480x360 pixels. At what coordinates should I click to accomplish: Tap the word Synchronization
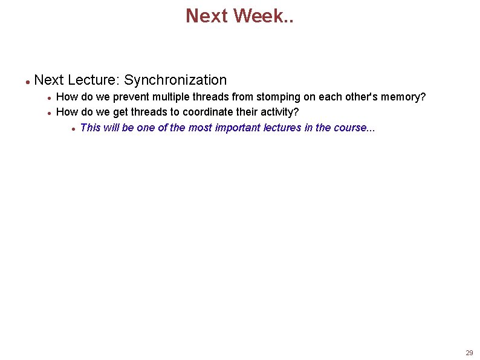click(x=175, y=80)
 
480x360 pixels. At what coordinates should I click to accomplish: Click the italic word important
click(x=238, y=128)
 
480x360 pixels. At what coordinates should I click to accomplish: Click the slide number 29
click(x=469, y=353)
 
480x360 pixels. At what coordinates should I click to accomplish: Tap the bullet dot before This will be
click(x=73, y=128)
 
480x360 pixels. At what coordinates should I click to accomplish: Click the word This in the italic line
click(x=90, y=128)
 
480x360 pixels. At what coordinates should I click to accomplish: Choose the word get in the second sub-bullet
click(x=120, y=113)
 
